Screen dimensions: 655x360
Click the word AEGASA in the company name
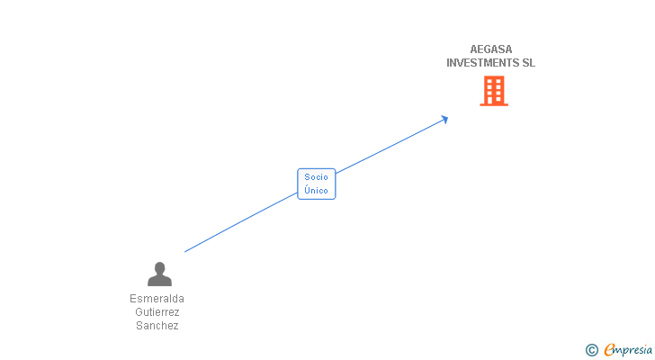(x=490, y=49)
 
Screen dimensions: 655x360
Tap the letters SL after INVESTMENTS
(x=528, y=63)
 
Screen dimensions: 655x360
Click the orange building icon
(x=494, y=90)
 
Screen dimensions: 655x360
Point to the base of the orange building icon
(x=494, y=104)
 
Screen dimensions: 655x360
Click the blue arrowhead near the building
(x=444, y=119)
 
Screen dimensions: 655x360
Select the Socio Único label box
(x=316, y=184)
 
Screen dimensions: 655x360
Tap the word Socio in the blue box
(x=316, y=177)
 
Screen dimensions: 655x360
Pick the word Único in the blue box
(x=316, y=191)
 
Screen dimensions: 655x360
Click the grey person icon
(x=159, y=274)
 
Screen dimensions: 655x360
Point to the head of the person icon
(x=159, y=267)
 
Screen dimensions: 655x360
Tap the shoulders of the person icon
(x=159, y=281)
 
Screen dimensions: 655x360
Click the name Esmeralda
(x=157, y=299)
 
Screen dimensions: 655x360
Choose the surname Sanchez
(x=157, y=326)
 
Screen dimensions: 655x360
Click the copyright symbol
(x=591, y=350)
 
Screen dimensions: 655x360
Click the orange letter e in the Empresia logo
(x=609, y=350)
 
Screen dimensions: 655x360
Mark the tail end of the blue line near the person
(x=186, y=251)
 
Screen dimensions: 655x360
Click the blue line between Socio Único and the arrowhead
(x=387, y=148)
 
